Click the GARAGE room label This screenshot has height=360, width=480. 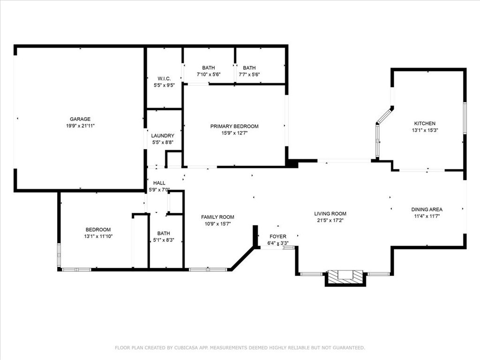80,119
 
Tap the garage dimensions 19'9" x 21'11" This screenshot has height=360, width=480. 80,126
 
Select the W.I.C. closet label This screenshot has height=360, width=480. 164,79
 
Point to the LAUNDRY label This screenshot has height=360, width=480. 163,135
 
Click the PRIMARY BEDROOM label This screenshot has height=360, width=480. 234,126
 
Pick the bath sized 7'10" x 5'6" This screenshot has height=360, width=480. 209,71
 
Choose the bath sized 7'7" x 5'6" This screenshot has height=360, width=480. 249,71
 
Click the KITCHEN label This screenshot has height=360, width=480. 425,123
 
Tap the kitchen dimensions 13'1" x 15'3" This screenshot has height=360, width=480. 425,130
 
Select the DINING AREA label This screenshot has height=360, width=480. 427,210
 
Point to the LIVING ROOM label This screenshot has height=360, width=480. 330,214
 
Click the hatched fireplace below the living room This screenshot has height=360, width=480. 345,277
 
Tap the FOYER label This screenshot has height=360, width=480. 278,236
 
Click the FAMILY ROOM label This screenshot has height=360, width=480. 217,217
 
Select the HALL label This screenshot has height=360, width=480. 159,183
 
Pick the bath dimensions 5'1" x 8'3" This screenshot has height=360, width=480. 164,240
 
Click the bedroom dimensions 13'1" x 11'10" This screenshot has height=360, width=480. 98,236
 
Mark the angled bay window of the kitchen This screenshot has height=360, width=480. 384,116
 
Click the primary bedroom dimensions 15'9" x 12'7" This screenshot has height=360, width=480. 234,133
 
